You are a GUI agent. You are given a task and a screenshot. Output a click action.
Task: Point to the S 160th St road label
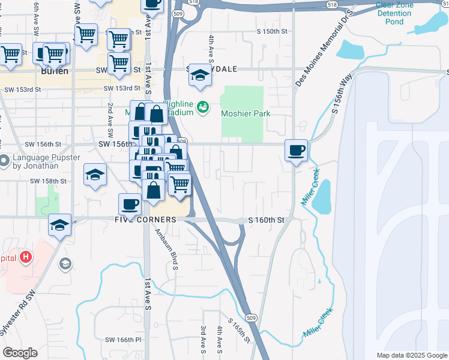(x=265, y=221)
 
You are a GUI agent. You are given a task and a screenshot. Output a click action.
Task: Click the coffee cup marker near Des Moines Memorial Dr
(x=295, y=150)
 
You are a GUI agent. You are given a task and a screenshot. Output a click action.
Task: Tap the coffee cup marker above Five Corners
(x=130, y=205)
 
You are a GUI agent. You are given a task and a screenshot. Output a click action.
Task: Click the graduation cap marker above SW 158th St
(x=95, y=175)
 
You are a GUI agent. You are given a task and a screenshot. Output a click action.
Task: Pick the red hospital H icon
(x=25, y=257)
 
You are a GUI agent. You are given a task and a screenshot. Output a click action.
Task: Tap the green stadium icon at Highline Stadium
(x=203, y=107)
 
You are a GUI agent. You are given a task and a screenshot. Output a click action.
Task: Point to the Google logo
(x=20, y=352)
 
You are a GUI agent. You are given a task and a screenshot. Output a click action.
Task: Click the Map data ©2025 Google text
(x=411, y=355)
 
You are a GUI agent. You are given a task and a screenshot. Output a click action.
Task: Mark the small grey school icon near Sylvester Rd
(x=65, y=264)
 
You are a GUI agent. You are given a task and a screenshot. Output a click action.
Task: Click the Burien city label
(x=55, y=70)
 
